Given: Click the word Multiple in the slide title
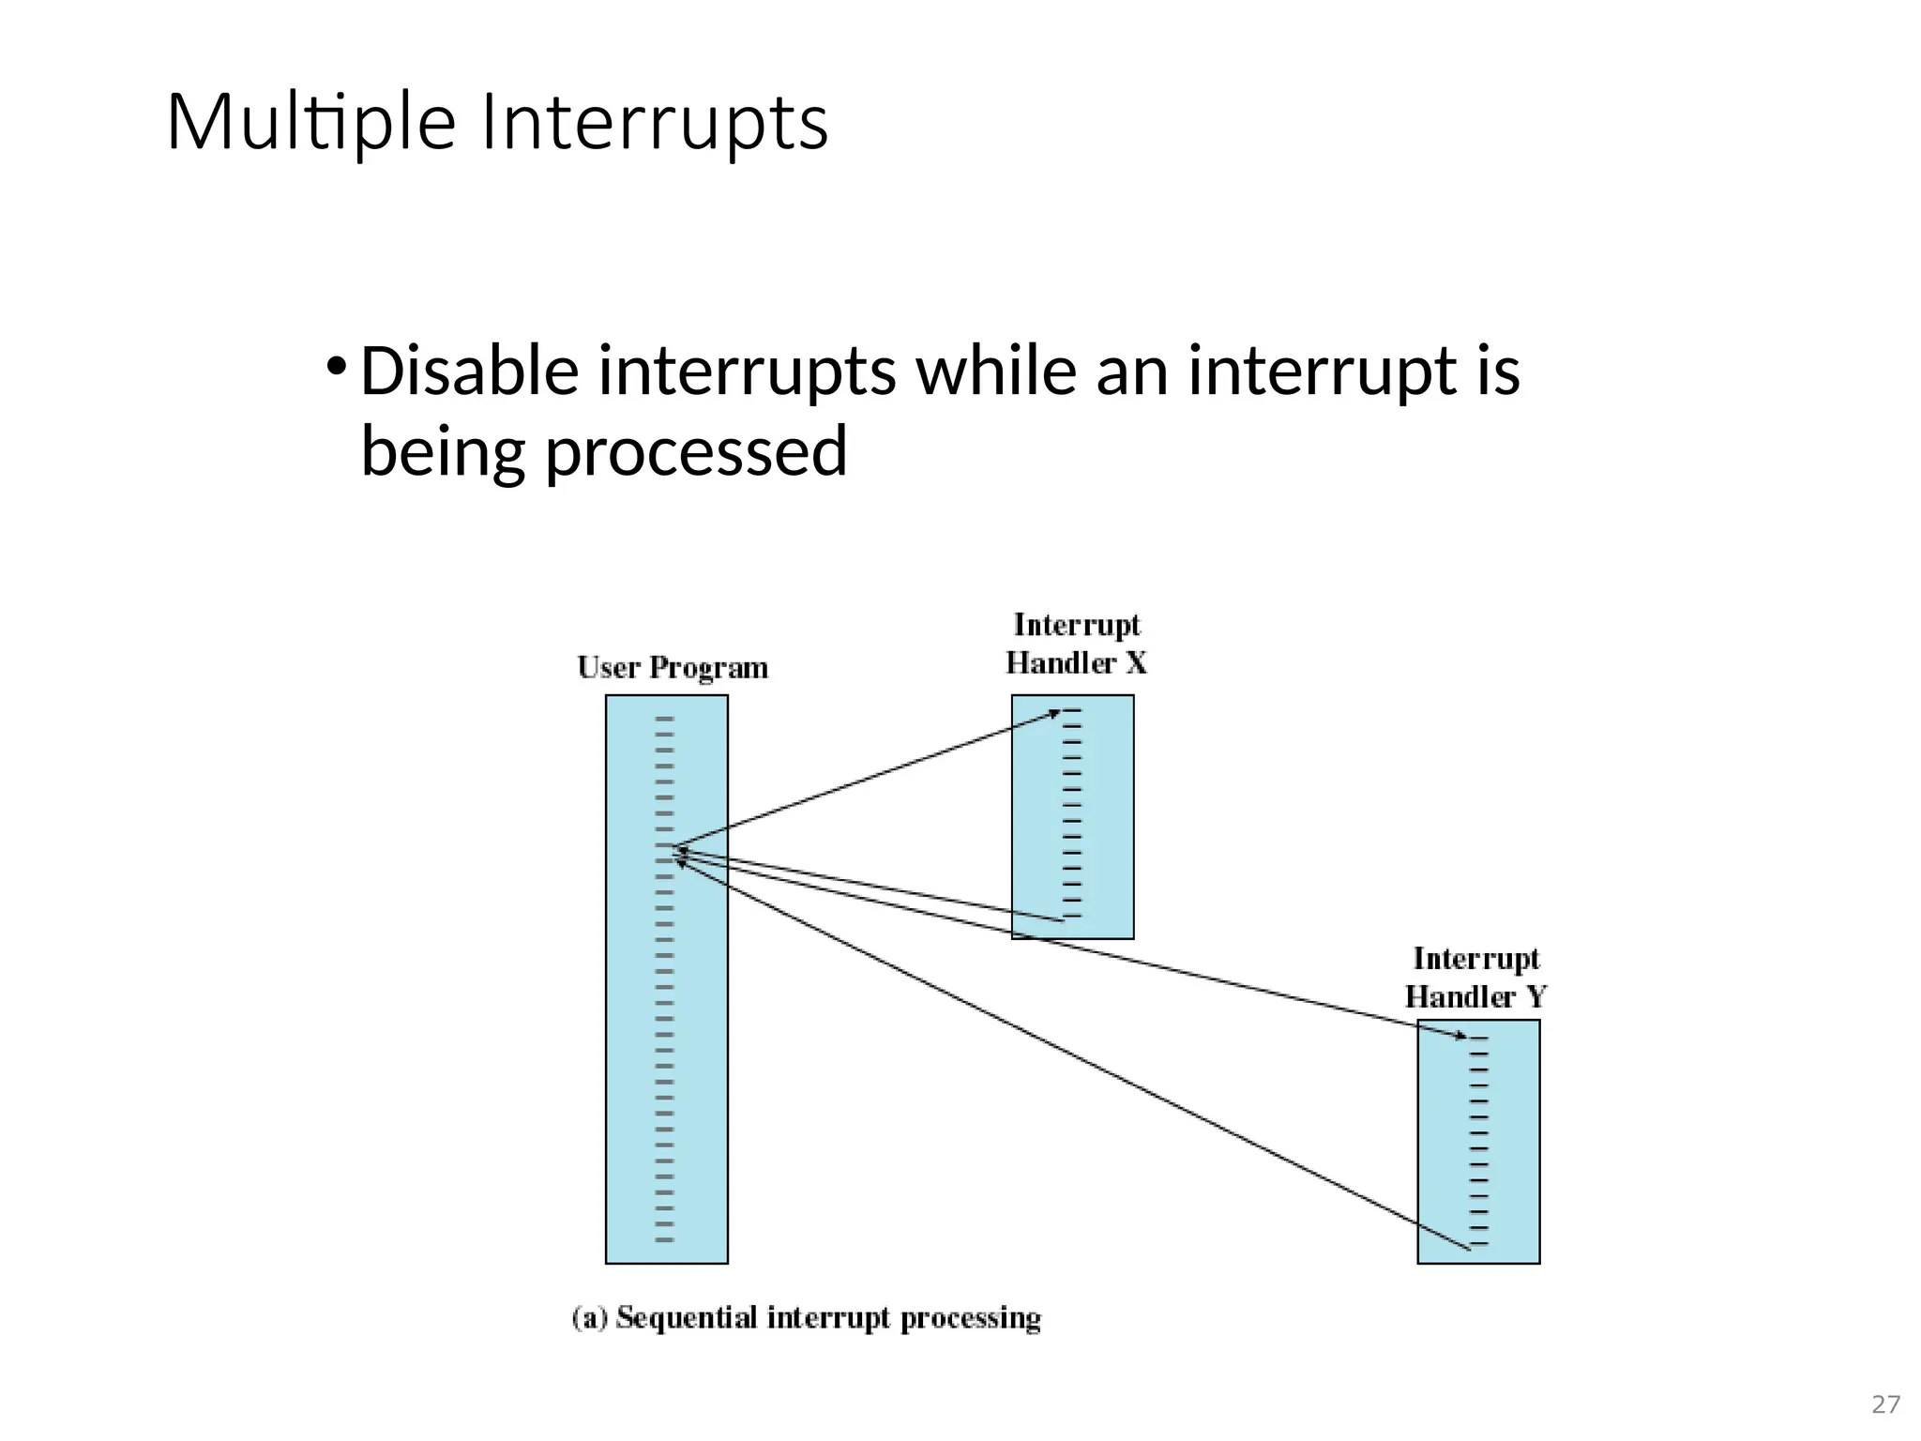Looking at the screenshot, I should [x=310, y=123].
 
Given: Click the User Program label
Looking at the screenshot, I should [x=673, y=668].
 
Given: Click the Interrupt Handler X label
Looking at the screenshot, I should [x=1076, y=645].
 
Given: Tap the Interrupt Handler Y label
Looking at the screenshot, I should [x=1475, y=978].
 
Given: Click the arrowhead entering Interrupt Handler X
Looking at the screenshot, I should [x=1054, y=714].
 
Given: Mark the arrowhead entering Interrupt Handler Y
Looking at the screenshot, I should [x=1460, y=1037].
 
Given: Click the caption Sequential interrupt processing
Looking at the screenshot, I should [x=828, y=1318].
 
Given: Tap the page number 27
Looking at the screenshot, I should [x=1885, y=1404].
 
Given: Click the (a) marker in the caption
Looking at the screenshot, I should [x=590, y=1318].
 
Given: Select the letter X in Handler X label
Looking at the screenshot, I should [x=1135, y=664].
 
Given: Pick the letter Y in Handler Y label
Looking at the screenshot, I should [x=1535, y=997].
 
